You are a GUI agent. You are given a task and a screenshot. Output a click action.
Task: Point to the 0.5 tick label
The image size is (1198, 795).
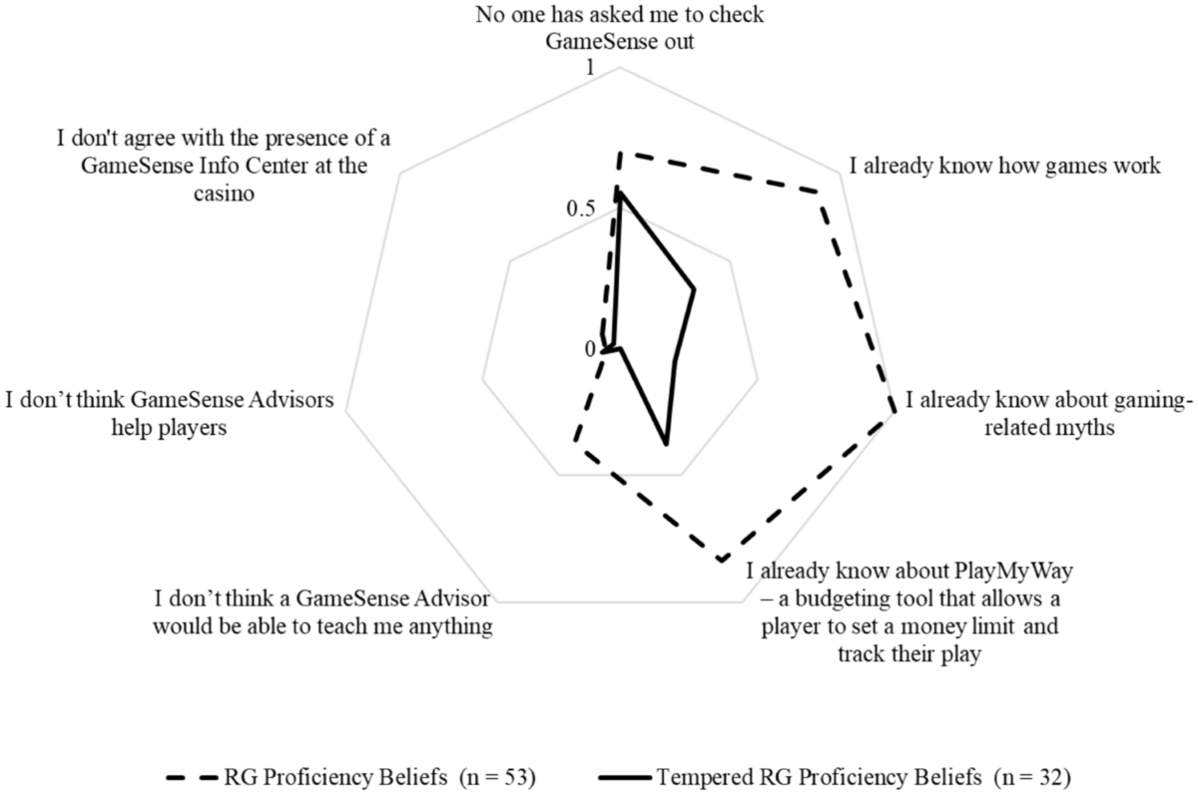tap(580, 209)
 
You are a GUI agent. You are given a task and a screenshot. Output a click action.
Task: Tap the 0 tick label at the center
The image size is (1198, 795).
tap(589, 349)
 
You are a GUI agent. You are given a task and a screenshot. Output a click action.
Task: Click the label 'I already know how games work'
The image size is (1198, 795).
tap(1004, 166)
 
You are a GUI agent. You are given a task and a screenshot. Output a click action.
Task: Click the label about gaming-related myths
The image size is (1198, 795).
tap(1048, 414)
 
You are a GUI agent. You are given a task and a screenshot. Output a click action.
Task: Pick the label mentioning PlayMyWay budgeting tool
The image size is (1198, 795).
tap(903, 613)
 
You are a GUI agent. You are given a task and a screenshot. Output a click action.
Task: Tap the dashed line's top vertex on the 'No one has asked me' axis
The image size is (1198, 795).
tap(620, 153)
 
